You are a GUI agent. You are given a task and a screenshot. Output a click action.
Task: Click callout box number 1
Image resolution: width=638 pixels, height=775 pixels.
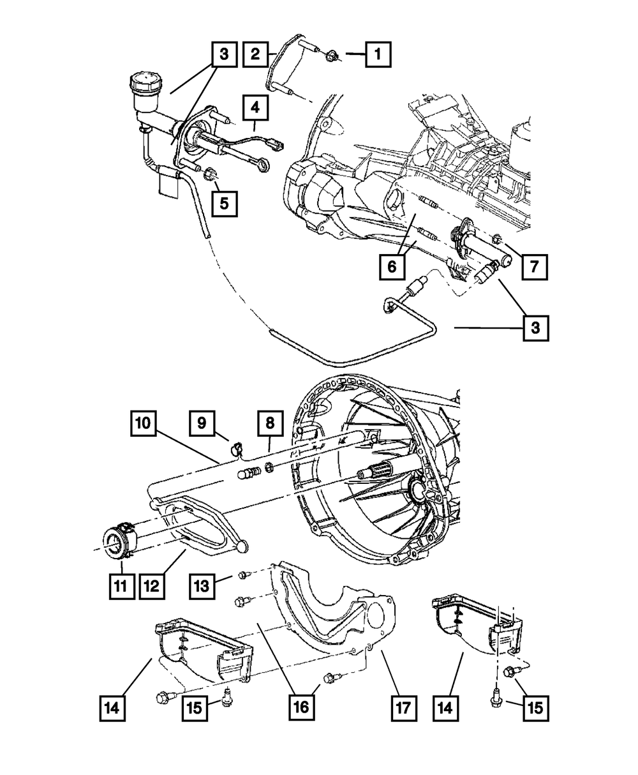378,55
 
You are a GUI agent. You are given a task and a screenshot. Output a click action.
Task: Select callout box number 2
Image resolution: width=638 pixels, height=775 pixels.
255,55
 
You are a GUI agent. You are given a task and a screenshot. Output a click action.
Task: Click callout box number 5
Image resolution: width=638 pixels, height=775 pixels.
223,203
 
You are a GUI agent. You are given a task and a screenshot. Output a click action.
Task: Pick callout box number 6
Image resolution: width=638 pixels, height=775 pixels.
392,268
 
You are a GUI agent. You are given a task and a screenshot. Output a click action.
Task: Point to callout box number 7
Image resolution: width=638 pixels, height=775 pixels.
535,267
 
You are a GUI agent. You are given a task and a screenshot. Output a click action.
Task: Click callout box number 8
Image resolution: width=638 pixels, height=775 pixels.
270,423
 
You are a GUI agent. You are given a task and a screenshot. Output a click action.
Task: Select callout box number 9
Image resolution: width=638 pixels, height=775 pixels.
202,423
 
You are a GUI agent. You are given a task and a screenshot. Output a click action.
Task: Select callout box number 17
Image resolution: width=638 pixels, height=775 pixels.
404,707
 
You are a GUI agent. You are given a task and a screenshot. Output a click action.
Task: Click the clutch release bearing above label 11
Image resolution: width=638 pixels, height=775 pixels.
117,540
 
